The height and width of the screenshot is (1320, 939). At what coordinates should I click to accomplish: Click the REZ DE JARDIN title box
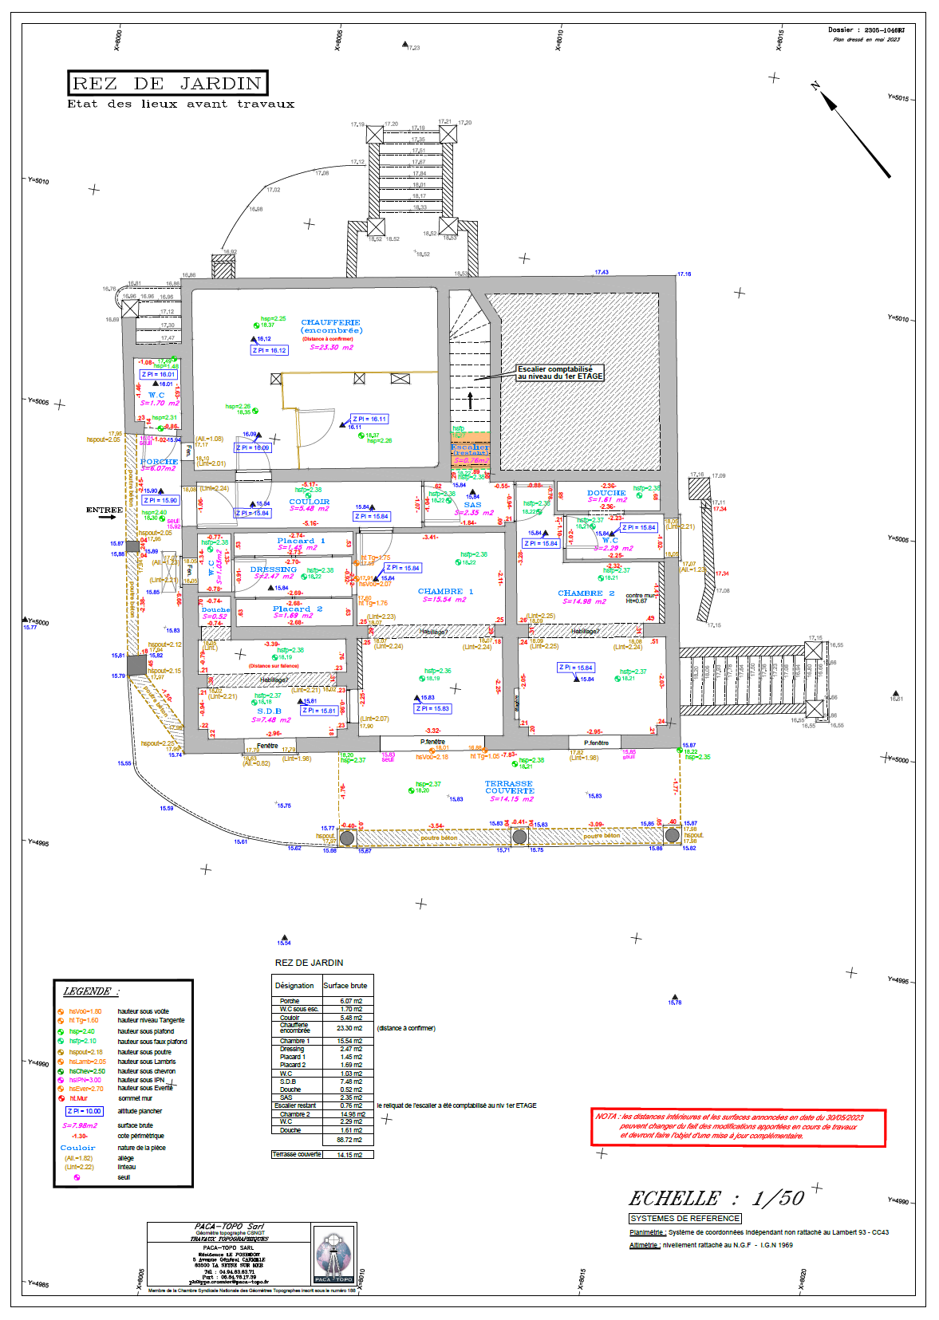pos(168,83)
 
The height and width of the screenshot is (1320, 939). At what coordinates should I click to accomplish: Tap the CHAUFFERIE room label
pos(331,322)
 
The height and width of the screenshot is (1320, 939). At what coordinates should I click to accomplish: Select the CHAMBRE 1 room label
pos(445,592)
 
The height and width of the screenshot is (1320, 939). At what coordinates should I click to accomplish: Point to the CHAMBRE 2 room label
pos(586,593)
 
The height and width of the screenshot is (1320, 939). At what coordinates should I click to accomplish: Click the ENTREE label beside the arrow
pos(104,510)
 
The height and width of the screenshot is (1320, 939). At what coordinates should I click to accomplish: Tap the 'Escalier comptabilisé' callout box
pos(560,372)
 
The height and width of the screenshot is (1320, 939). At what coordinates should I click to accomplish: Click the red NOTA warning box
pos(738,1127)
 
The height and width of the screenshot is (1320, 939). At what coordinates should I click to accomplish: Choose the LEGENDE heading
pos(90,991)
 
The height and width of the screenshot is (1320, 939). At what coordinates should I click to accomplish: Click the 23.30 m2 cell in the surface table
pos(350,1028)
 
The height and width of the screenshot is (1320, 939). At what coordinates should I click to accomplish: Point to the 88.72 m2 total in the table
pos(350,1140)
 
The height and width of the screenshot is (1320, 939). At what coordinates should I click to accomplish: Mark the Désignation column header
pos(294,986)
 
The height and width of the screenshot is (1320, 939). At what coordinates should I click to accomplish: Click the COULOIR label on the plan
pos(310,502)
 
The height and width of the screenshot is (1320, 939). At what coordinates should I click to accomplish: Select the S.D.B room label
pos(269,711)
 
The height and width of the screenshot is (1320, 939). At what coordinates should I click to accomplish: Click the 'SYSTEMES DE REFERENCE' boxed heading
pos(685,1218)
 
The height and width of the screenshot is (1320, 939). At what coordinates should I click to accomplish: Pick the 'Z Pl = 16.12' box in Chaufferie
pos(270,350)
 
